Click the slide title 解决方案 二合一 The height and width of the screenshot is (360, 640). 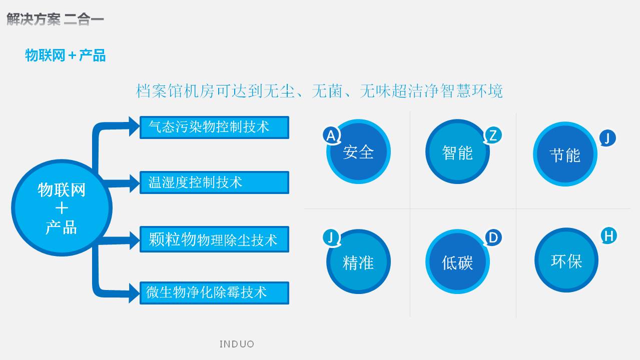coord(55,19)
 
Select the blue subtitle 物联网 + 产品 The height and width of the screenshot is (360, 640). coord(66,55)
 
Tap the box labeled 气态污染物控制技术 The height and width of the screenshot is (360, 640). coord(214,127)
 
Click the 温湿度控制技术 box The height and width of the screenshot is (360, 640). coord(214,182)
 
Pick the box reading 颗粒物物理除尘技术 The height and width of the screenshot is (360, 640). coord(214,239)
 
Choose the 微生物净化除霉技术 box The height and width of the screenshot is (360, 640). coord(214,293)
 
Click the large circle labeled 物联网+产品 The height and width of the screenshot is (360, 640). coord(62,208)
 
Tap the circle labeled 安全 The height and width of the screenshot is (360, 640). coord(359,151)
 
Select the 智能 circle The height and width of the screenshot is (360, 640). coord(458,151)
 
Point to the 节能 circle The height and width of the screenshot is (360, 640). coord(565,154)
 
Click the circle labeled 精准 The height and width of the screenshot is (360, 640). coord(359,261)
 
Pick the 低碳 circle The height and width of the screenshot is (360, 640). coord(458,261)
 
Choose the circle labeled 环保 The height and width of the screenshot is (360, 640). coord(566,260)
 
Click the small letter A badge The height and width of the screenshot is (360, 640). coord(331,135)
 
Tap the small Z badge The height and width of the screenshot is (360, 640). coord(493,135)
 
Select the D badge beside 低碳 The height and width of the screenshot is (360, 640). coord(493,237)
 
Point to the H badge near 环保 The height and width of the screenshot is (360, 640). coord(608,236)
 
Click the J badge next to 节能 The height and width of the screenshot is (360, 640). coord(607,138)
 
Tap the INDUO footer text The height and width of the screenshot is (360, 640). coord(237,344)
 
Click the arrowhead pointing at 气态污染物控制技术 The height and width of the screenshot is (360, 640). coord(134,126)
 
